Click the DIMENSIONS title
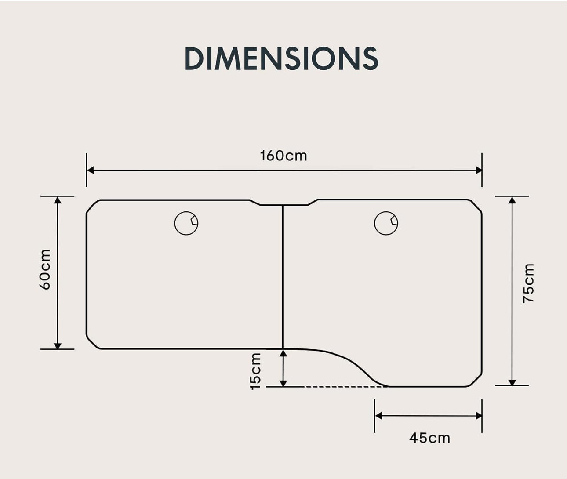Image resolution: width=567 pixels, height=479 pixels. tap(281, 58)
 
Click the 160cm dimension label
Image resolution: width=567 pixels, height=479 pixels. tap(283, 156)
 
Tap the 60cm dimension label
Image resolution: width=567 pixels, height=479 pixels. tap(45, 269)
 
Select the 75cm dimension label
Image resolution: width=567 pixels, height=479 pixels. tap(528, 283)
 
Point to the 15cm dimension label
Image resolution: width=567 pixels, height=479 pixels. tap(255, 371)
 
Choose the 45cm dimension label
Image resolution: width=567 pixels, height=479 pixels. tap(429, 438)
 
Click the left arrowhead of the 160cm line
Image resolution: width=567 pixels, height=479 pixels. tap(91, 170)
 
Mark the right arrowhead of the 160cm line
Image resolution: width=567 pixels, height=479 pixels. tap(479, 170)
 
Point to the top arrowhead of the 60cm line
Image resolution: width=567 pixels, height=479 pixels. tap(58, 200)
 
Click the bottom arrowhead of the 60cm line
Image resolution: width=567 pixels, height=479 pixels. tap(58, 346)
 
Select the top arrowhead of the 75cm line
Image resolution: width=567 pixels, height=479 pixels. tap(512, 200)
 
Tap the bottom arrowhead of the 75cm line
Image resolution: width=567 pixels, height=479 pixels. tap(512, 382)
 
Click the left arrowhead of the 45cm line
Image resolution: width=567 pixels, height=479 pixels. tap(378, 416)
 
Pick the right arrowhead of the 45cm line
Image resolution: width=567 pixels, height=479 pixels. tap(479, 416)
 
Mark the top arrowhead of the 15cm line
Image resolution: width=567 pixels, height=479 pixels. tap(283, 353)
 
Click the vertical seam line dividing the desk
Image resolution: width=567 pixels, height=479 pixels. tap(283, 277)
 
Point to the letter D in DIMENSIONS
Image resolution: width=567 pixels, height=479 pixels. tap(194, 58)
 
